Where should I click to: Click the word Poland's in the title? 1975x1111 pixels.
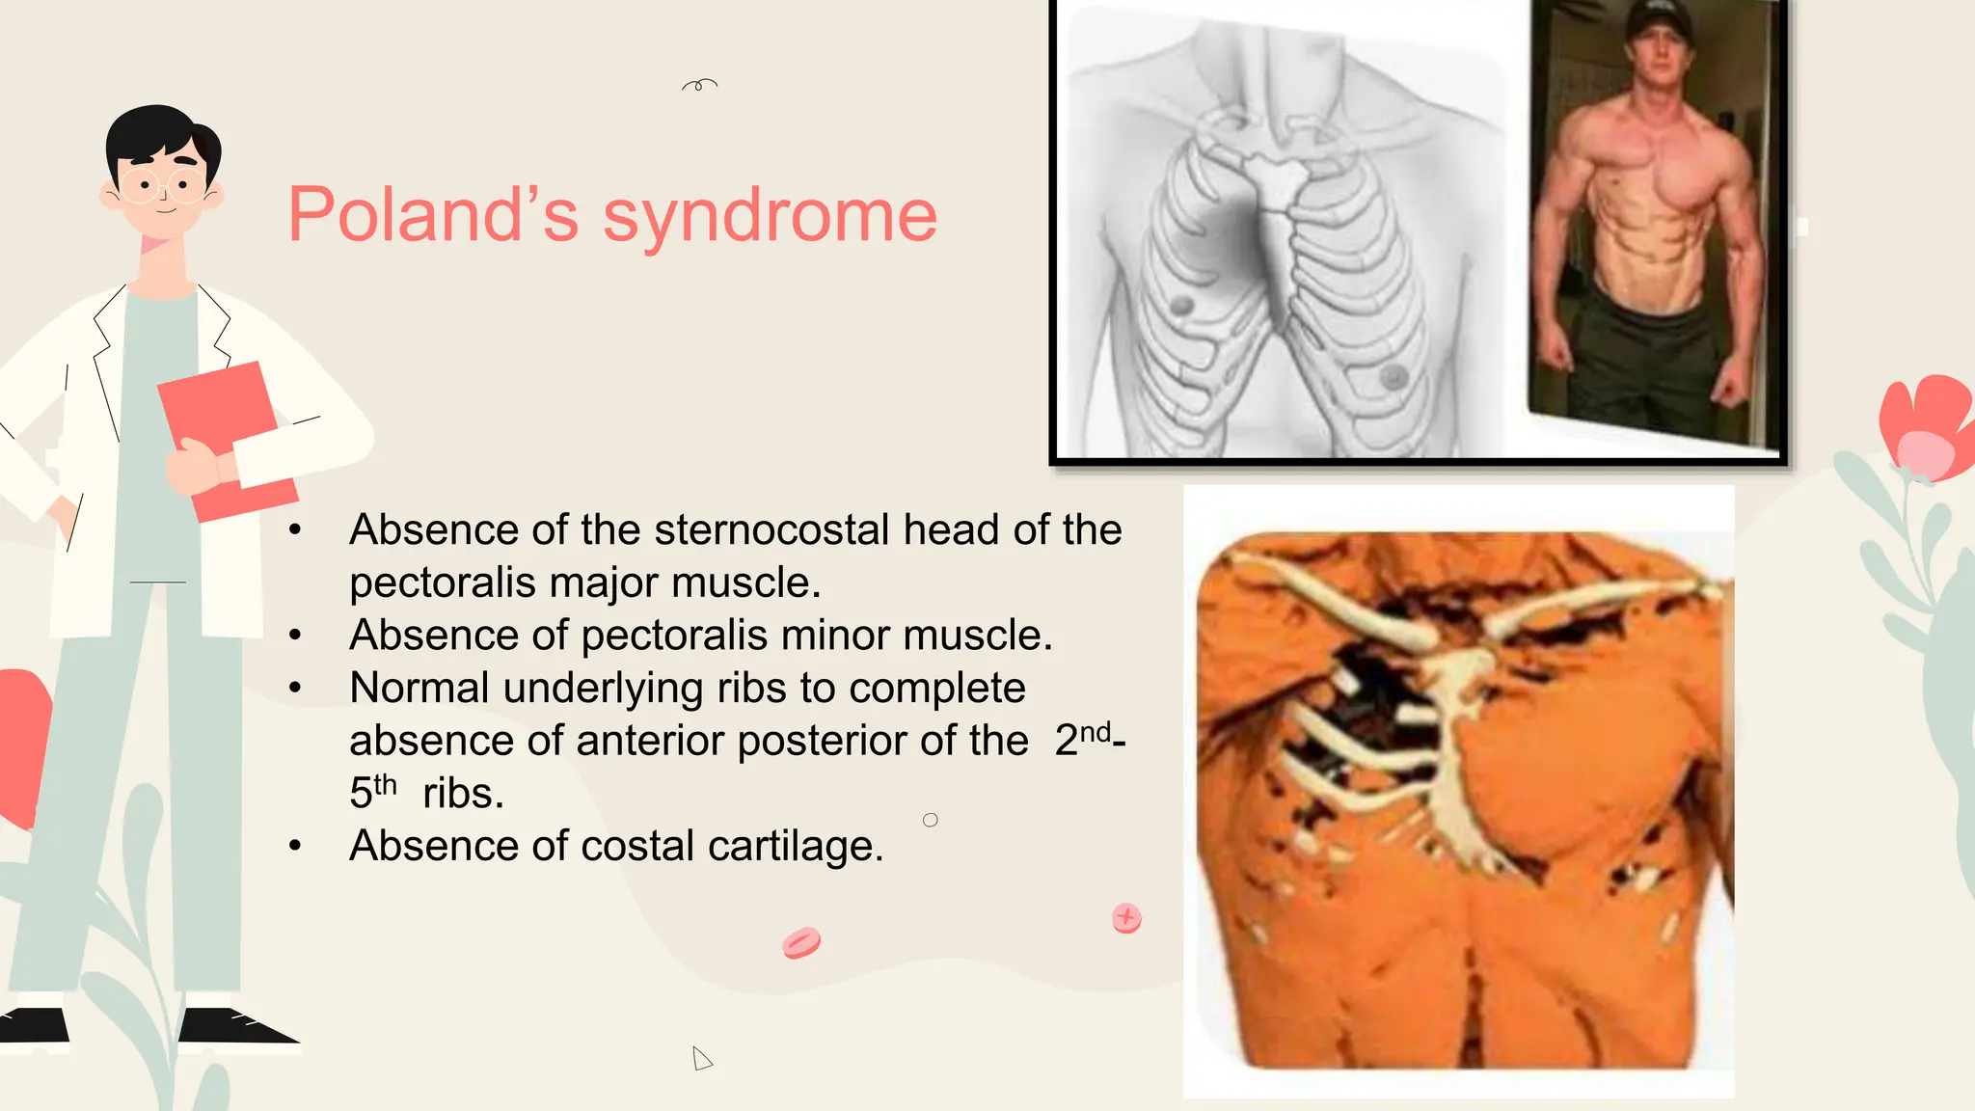(x=433, y=215)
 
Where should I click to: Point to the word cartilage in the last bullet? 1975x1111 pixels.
(x=795, y=847)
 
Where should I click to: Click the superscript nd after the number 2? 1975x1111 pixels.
(x=1096, y=732)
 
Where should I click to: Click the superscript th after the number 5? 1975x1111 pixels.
(x=385, y=785)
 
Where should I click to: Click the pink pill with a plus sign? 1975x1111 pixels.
(x=1126, y=918)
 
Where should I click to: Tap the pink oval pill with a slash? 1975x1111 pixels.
(x=801, y=942)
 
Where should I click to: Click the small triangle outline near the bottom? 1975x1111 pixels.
(x=701, y=1059)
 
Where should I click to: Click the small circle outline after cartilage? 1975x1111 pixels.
(x=930, y=820)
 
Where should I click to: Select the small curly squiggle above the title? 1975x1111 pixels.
(x=699, y=85)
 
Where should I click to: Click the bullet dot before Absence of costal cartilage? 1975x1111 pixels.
(x=295, y=846)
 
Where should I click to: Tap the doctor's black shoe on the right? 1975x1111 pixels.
(x=236, y=1028)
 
